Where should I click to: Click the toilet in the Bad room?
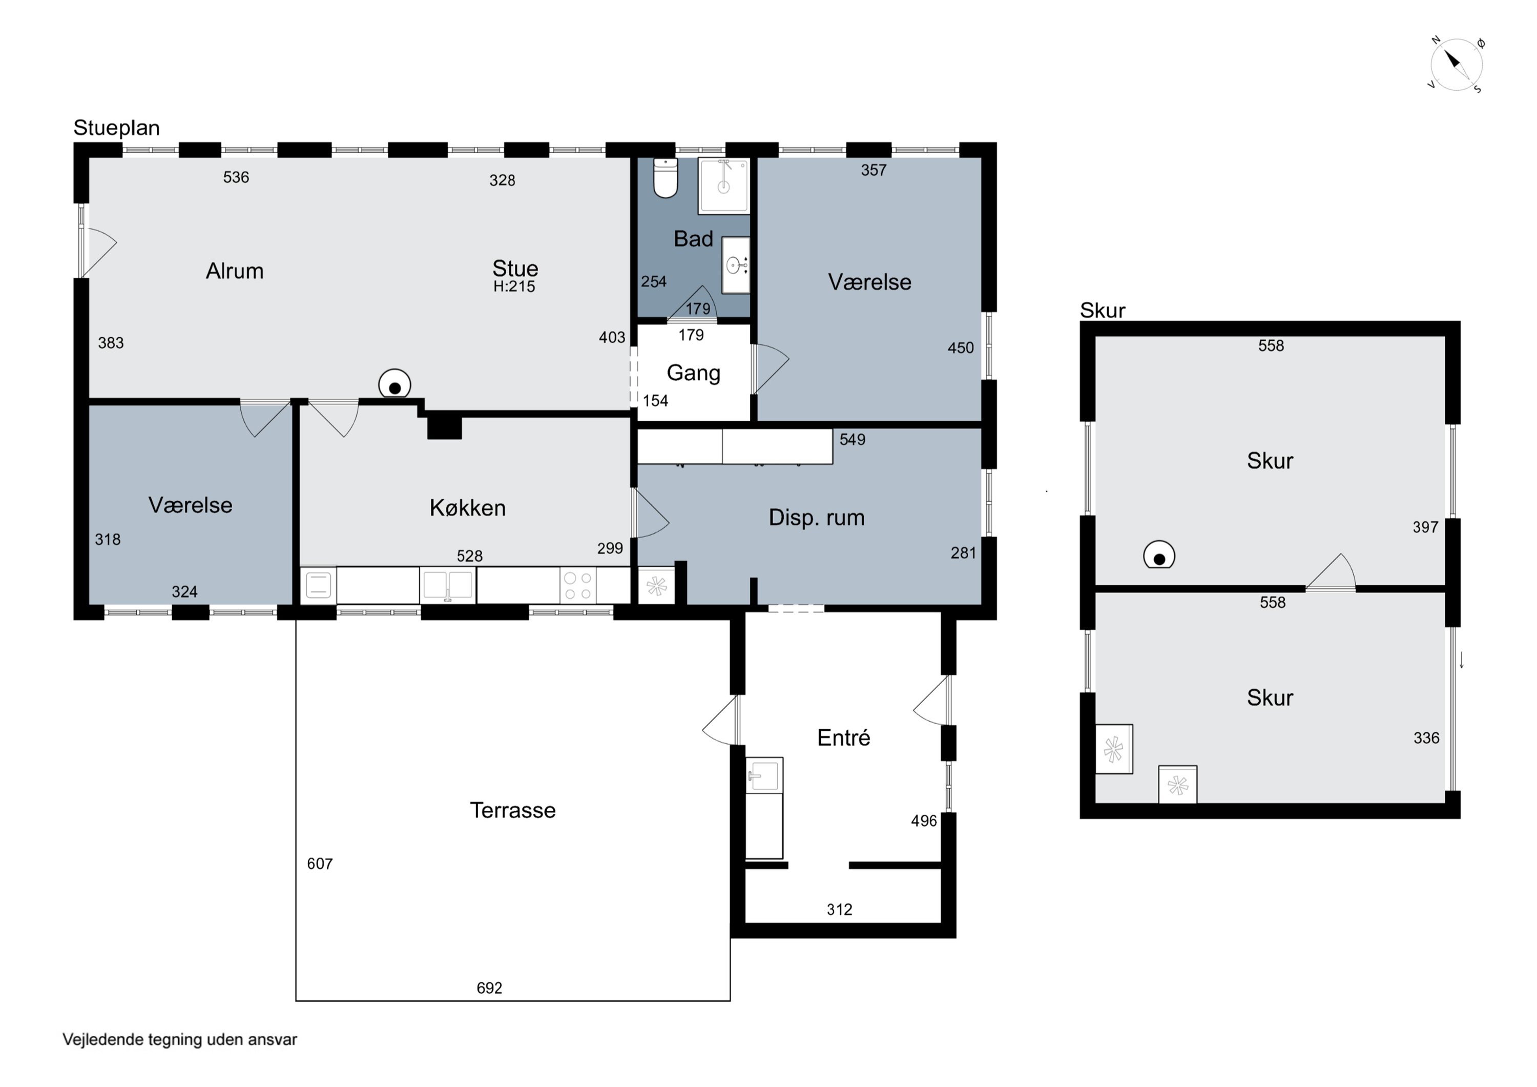click(666, 178)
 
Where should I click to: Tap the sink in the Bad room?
click(736, 265)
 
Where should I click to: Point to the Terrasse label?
click(513, 810)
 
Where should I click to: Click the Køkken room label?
click(467, 508)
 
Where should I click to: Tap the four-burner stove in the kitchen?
click(578, 585)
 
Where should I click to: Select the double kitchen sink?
click(448, 585)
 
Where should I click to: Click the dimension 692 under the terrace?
click(489, 988)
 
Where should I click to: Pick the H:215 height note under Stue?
click(514, 286)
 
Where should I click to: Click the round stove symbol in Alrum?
click(394, 384)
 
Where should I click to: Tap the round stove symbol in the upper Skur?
click(1159, 555)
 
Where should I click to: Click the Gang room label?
click(694, 373)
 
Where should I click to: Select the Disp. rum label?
click(817, 518)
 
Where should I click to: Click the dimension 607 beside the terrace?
click(320, 864)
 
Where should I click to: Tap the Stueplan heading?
click(116, 128)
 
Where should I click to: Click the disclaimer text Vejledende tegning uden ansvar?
click(180, 1039)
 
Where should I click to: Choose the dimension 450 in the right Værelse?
click(961, 347)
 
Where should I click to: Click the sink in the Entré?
click(764, 775)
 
